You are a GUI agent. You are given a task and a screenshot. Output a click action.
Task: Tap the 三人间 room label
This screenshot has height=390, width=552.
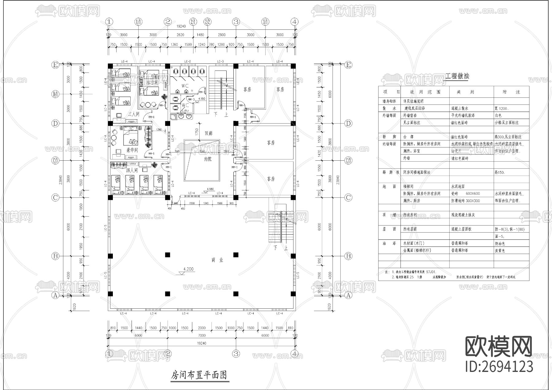coord(134,114)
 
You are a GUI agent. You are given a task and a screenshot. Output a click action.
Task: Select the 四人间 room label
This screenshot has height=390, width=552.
coord(132,170)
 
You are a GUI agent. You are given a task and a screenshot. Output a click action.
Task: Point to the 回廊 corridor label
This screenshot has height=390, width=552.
coord(209,133)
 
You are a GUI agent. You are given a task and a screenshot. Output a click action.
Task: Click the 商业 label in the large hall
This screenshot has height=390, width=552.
coord(217,260)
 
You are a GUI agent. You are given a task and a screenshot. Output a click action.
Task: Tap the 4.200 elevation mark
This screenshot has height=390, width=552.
coord(188,269)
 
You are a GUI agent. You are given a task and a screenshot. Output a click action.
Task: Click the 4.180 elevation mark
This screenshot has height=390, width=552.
coord(210,189)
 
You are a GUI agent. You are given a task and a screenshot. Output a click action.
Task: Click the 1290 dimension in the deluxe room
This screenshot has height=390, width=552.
coord(158,130)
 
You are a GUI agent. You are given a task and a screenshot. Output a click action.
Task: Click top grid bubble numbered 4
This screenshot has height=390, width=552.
coord(294,22)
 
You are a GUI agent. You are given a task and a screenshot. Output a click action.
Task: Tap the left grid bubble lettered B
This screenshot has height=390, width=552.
coord(55,256)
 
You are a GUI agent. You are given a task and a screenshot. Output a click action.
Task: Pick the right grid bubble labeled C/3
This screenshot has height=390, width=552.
coord(348,160)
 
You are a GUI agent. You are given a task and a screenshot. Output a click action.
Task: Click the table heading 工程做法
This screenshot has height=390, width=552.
coord(457,76)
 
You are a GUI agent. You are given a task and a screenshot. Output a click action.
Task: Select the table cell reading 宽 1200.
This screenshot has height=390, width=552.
coord(502,109)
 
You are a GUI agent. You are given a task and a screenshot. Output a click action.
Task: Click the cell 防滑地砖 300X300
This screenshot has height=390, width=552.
coord(465,201)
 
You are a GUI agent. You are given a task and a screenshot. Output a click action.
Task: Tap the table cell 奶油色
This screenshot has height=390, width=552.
coord(500,243)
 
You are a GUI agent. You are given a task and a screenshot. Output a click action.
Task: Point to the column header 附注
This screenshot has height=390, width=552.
coord(511,92)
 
